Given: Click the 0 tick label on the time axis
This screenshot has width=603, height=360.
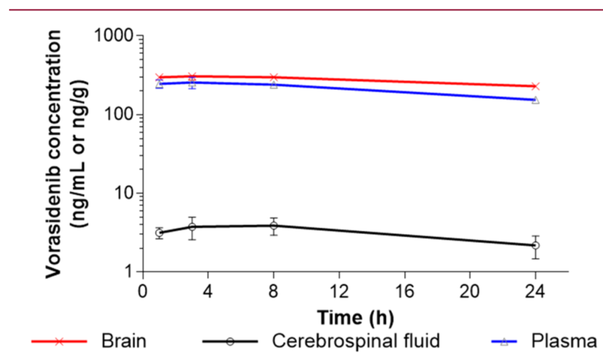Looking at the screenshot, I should (143, 294).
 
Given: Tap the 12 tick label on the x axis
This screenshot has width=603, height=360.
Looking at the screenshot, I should (339, 294).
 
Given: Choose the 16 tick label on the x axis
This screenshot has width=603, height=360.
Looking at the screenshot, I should (404, 294).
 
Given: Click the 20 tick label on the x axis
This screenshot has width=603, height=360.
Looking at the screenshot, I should (470, 294).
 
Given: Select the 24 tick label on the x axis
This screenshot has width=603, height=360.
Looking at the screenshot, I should (535, 294).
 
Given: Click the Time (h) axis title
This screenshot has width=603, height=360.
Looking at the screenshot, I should (356, 318).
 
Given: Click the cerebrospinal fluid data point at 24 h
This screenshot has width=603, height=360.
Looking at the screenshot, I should (535, 246).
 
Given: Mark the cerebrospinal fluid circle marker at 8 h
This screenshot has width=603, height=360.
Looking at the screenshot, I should (274, 225).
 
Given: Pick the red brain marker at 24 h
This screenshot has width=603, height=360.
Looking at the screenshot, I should (535, 86).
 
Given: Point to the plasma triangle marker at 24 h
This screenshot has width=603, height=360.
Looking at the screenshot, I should (535, 100).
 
